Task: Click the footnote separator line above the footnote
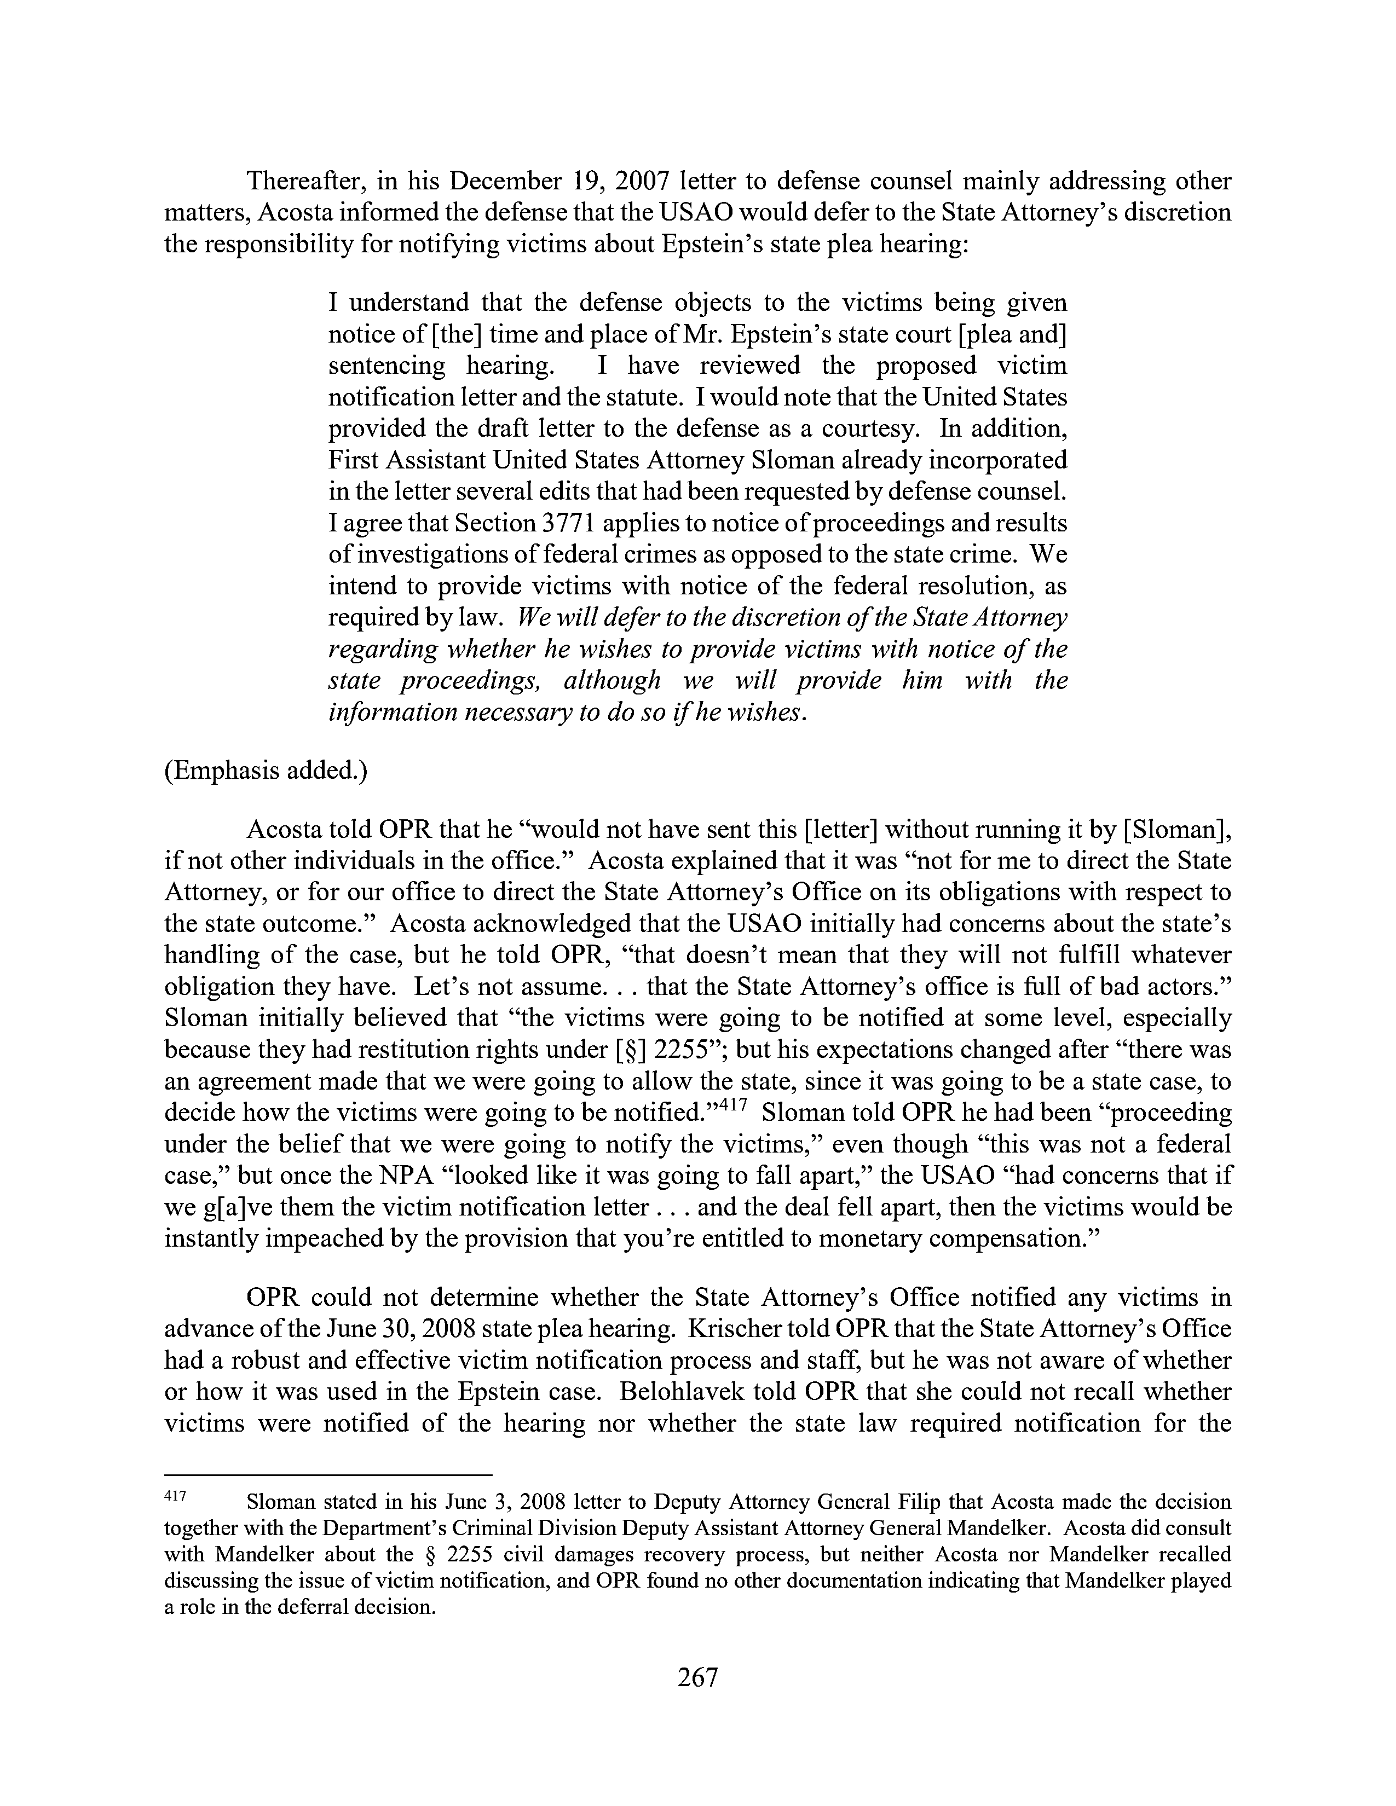coord(328,1474)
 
